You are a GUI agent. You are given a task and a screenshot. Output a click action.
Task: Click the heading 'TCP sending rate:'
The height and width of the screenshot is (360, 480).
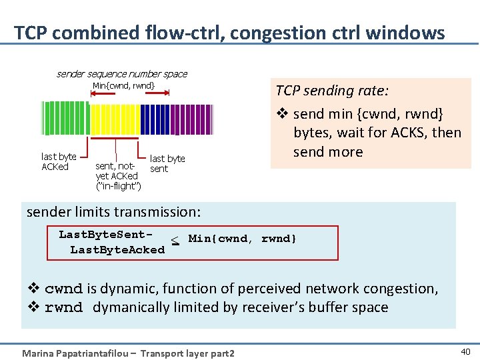pyautogui.click(x=324, y=91)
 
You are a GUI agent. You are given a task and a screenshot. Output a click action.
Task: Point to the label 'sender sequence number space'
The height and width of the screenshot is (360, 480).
pyautogui.click(x=121, y=74)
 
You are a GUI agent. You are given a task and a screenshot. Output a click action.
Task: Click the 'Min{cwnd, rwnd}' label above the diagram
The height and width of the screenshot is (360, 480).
pyautogui.click(x=123, y=85)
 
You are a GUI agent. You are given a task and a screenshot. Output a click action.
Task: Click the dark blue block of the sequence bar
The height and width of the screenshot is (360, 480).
pyautogui.click(x=156, y=119)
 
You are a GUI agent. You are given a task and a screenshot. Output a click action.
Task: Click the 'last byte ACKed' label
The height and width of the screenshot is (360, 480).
pyautogui.click(x=58, y=161)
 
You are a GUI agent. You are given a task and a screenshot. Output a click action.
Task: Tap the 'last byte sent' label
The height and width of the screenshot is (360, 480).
pyautogui.click(x=167, y=163)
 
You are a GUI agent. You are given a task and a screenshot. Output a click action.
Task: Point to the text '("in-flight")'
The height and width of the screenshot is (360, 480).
pyautogui.click(x=118, y=185)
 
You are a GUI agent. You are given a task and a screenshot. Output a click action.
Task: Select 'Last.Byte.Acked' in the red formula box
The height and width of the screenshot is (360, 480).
pyautogui.click(x=117, y=249)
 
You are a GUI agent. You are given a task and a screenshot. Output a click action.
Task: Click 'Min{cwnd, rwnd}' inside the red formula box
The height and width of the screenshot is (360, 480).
pyautogui.click(x=243, y=239)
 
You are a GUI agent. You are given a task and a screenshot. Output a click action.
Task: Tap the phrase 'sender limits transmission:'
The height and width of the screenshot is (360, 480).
pyautogui.click(x=113, y=212)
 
